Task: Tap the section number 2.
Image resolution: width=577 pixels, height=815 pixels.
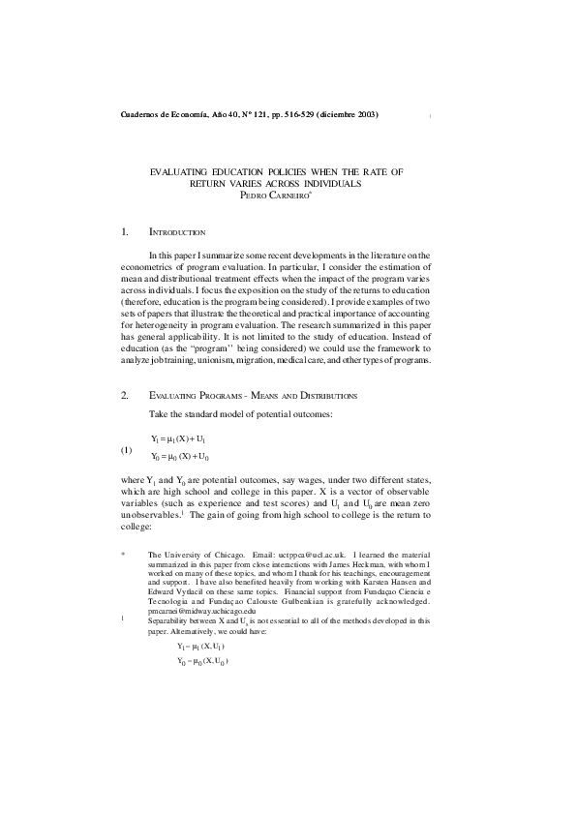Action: coord(125,396)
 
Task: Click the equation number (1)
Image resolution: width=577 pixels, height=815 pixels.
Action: coord(126,451)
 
